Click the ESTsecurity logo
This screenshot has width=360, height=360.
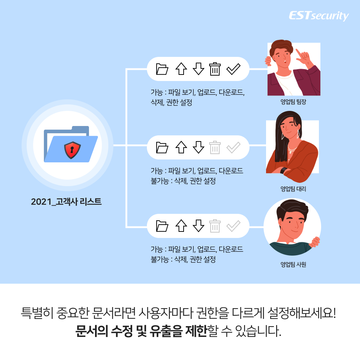319,16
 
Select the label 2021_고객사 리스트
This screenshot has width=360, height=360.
66,201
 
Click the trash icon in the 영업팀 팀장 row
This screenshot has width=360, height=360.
215,69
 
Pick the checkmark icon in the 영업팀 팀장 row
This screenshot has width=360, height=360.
233,69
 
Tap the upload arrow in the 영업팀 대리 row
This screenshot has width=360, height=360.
181,147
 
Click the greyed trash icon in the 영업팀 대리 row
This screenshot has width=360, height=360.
215,147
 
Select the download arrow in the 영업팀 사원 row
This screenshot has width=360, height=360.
198,226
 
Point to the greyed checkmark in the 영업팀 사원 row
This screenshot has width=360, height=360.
233,226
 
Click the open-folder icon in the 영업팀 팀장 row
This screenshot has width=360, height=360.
162,69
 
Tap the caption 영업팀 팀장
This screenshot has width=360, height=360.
293,102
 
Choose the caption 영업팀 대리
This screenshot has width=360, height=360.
293,189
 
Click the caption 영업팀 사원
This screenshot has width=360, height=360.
293,265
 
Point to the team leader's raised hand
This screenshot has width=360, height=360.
303,56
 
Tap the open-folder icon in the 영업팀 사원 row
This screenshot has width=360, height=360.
162,226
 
